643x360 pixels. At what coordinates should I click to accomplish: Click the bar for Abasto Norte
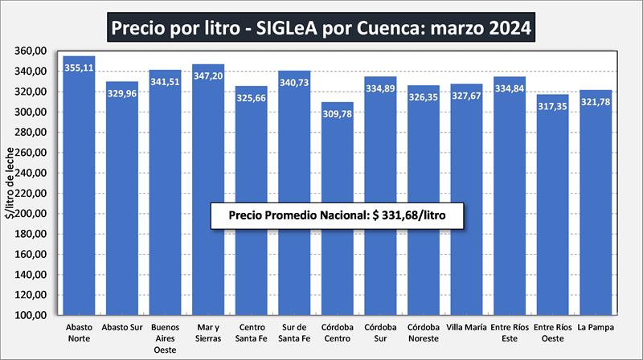[79, 185]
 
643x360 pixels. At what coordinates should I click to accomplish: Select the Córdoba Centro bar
[337, 209]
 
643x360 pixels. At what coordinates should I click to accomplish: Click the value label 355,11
[79, 67]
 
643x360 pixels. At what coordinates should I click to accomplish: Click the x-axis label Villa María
[466, 327]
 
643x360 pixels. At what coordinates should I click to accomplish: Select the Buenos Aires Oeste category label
[165, 337]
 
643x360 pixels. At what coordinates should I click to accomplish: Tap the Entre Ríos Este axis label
[510, 332]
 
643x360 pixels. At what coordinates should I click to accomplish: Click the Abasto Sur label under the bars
[122, 327]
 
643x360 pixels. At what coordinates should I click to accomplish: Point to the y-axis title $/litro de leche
[9, 184]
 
